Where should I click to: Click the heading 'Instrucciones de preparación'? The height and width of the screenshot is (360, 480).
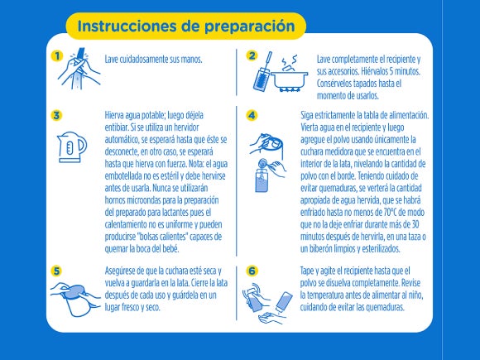click(185, 25)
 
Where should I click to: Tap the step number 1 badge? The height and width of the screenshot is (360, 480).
click(56, 56)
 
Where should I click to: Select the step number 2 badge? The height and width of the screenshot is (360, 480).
click(252, 56)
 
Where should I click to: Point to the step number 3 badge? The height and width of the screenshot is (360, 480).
click(56, 115)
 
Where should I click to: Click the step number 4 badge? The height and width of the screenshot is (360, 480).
click(252, 115)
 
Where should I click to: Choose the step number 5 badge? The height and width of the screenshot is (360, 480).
click(56, 270)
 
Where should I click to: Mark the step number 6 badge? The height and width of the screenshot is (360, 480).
click(252, 270)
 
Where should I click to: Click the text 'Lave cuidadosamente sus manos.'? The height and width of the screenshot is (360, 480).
click(154, 60)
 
